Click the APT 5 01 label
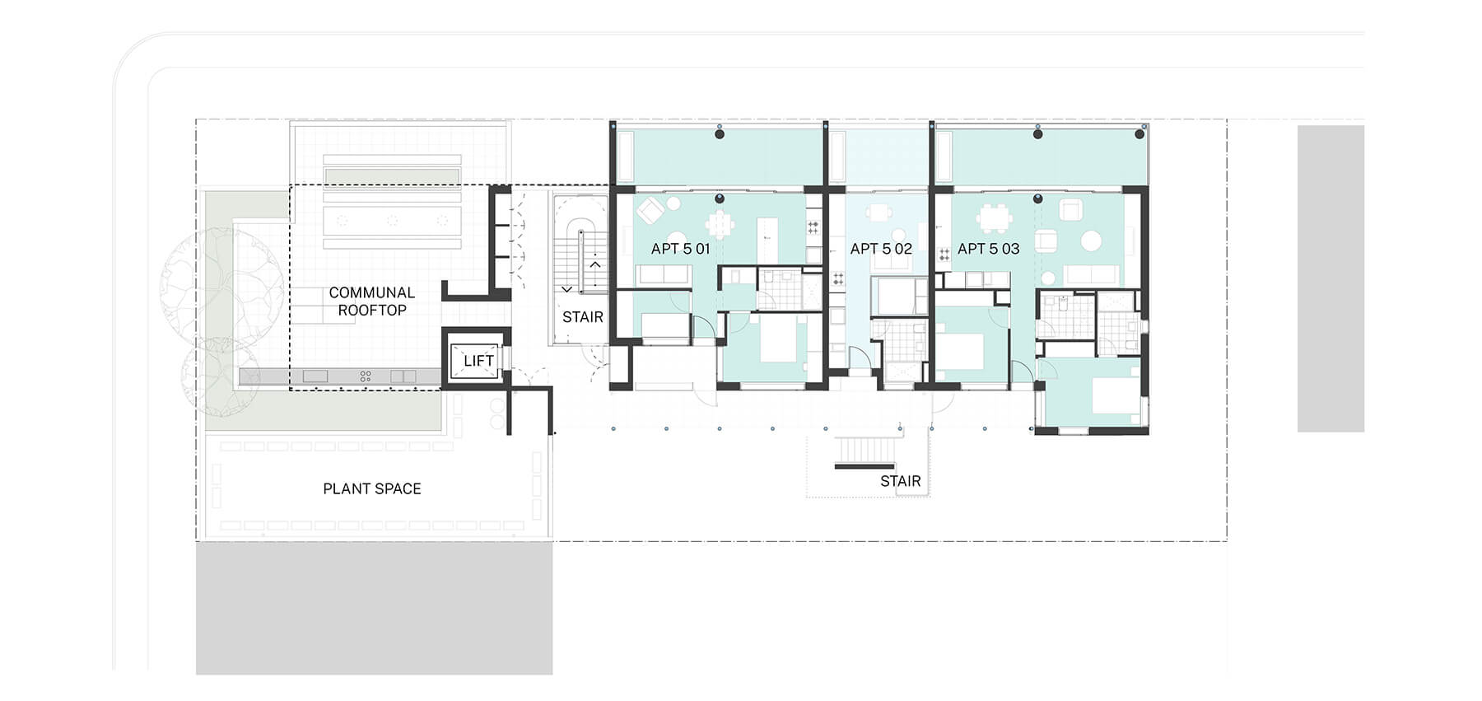pyautogui.click(x=680, y=249)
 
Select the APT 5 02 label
pyautogui.click(x=881, y=249)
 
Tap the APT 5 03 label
pyautogui.click(x=988, y=249)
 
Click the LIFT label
pyautogui.click(x=478, y=361)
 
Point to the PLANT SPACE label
pyautogui.click(x=372, y=488)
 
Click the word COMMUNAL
pyautogui.click(x=372, y=292)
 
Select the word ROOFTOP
pyautogui.click(x=372, y=311)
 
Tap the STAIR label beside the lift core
pyautogui.click(x=583, y=317)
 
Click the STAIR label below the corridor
pyautogui.click(x=901, y=481)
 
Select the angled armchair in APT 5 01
pyautogui.click(x=650, y=212)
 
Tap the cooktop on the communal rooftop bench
pyautogui.click(x=366, y=376)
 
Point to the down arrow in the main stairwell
pyautogui.click(x=566, y=289)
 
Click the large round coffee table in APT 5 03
pyautogui.click(x=1092, y=241)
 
